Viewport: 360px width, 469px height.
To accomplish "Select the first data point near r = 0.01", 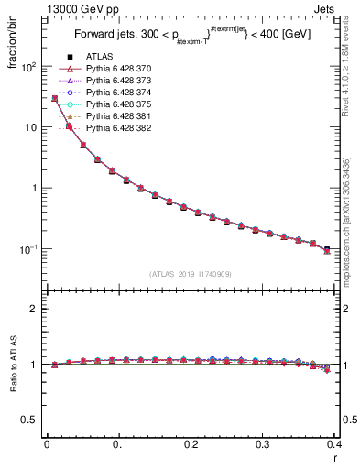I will [54, 98].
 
